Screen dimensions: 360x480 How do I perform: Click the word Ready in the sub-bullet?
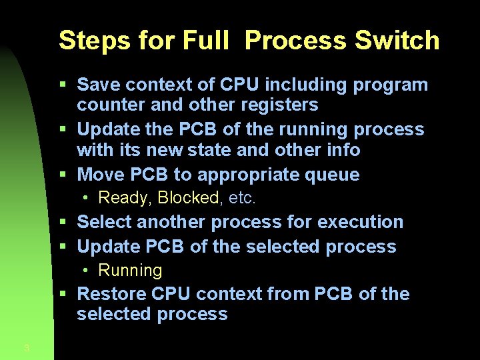124,198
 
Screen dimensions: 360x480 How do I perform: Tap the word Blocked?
189,198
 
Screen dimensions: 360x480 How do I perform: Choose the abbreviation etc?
242,198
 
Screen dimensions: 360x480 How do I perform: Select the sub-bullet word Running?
130,270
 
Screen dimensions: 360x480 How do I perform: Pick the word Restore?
111,294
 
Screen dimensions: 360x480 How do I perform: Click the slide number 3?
26,347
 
